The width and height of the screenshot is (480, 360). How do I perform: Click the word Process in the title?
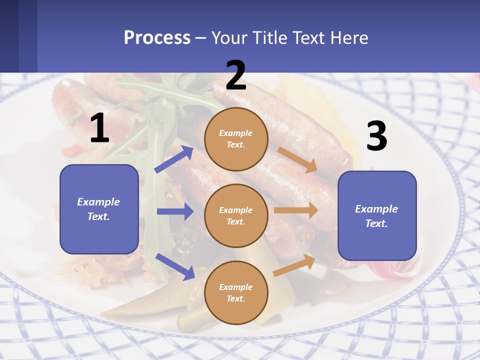click(157, 38)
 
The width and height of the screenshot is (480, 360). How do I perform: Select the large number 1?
click(99, 128)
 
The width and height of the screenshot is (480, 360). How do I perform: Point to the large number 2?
click(236, 75)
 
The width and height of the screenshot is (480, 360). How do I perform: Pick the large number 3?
click(376, 136)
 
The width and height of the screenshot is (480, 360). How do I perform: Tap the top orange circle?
click(236, 139)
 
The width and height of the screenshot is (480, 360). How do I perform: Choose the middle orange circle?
click(236, 215)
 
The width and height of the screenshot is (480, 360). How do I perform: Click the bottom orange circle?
click(236, 292)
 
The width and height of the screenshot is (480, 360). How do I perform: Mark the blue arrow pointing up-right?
click(174, 159)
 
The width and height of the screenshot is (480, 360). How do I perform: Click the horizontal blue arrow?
click(175, 211)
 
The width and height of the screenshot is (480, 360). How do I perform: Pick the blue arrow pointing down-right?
click(175, 266)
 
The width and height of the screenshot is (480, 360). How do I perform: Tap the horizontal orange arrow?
click(296, 210)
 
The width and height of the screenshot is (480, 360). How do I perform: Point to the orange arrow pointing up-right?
click(294, 265)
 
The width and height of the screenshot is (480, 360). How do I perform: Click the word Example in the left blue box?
click(98, 202)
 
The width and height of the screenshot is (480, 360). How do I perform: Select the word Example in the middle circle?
click(235, 210)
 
